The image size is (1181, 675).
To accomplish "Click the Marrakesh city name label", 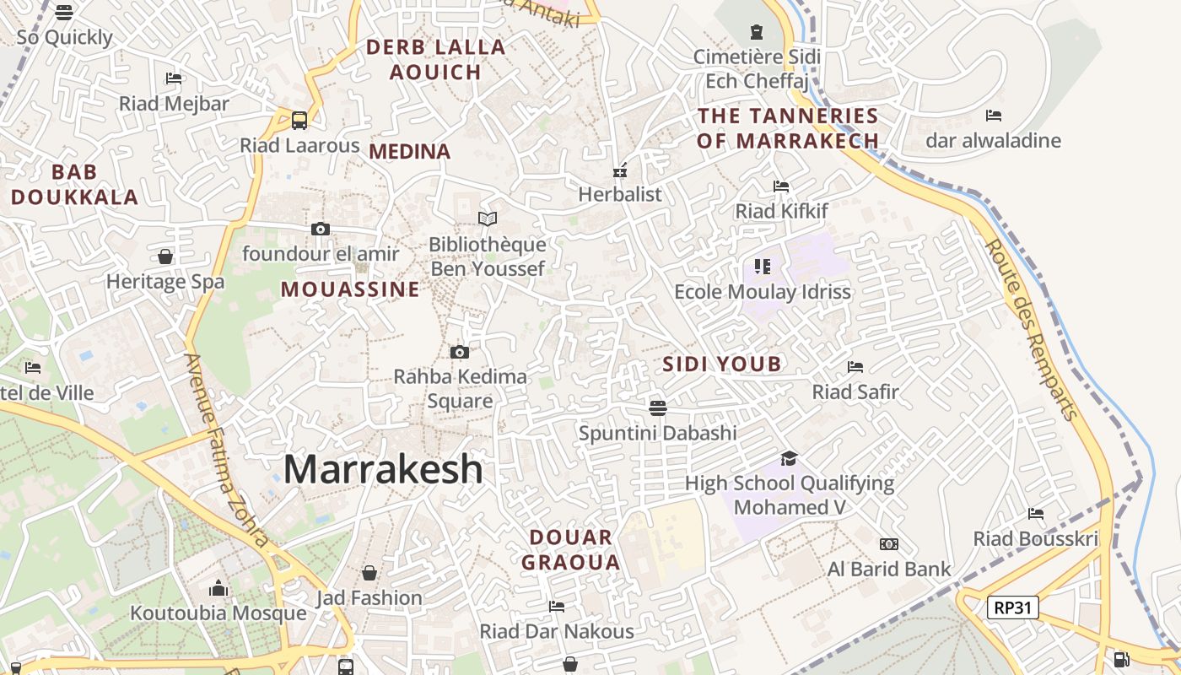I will pos(383,469).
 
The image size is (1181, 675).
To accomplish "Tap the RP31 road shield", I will pos(1012,607).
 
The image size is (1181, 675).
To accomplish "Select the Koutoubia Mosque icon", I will pos(218,587).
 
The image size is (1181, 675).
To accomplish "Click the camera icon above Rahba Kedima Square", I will pos(460,352).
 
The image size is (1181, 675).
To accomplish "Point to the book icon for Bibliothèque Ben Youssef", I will pos(488,219).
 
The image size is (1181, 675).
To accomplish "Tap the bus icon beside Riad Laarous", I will pos(299,121).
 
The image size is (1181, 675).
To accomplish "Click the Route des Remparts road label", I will pos(1032,329).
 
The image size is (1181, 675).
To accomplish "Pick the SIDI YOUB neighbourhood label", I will pos(721,364).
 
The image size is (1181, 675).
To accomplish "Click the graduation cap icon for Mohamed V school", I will pos(789,458).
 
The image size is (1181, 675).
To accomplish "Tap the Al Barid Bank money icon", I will pos(889,544).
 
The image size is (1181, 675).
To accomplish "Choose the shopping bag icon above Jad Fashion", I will pos(369,574).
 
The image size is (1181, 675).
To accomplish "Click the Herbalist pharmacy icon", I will pos(620,171).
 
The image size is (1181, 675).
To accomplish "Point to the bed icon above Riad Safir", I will pos(855,367).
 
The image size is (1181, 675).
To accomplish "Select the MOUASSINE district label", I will pos(350,289).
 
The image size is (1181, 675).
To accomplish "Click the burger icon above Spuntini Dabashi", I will pos(658,408).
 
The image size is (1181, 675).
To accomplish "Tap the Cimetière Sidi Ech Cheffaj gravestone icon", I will pos(756,32).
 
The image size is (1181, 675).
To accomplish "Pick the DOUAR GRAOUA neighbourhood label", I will pos(571,549).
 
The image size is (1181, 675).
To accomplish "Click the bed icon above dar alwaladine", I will pos(994,116).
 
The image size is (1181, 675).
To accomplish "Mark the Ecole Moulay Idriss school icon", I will pos(763,267).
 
